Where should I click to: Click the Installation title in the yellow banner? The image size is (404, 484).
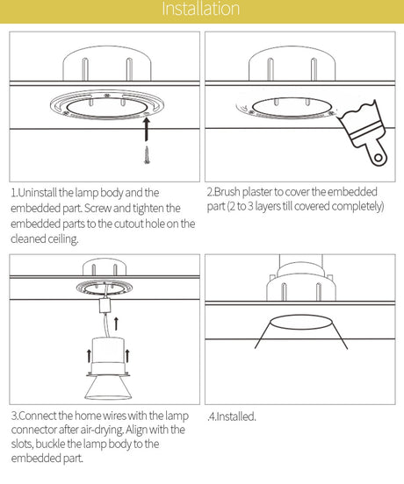click(x=200, y=9)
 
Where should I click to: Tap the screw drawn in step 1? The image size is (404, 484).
click(x=147, y=155)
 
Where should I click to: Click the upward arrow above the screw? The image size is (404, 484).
click(x=147, y=130)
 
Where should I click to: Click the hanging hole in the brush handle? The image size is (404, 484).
click(x=378, y=158)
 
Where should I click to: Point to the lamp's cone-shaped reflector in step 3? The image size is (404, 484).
click(x=108, y=388)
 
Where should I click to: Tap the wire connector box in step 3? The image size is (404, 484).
click(x=105, y=306)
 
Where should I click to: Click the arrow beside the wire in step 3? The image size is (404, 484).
click(x=116, y=324)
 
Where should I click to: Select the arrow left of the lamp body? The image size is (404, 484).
click(x=89, y=356)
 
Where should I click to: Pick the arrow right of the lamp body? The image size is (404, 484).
click(x=127, y=356)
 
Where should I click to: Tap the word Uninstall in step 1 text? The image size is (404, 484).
click(x=38, y=193)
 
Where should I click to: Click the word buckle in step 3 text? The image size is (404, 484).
click(x=50, y=445)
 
